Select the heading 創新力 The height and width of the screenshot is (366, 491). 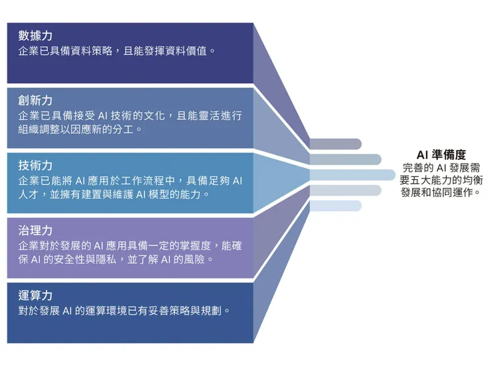click(36, 101)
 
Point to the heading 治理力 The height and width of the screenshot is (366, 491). click(36, 230)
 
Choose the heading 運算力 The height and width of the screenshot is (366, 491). click(36, 295)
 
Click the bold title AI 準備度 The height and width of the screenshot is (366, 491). click(441, 154)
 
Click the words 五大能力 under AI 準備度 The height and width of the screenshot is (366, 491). click(434, 180)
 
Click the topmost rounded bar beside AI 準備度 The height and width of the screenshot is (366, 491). click(334, 144)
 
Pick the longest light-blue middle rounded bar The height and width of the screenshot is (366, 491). click(352, 174)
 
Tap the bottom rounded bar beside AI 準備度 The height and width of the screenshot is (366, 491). click(334, 206)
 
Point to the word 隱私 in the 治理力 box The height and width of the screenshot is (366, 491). click(104, 259)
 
